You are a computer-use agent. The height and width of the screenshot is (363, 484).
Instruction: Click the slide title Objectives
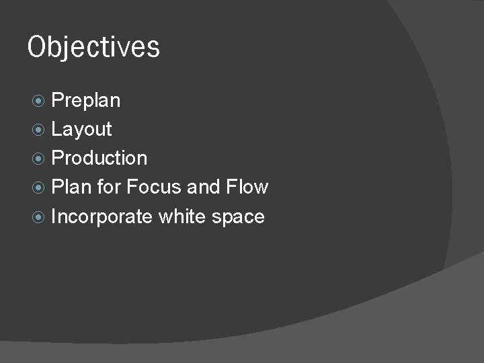(93, 48)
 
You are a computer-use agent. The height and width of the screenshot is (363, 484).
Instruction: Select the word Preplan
(86, 101)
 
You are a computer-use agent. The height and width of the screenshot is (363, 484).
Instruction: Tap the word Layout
(81, 129)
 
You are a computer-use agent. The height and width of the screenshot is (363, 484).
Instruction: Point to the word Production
(99, 158)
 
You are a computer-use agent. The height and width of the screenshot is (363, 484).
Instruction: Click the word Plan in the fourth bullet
(71, 187)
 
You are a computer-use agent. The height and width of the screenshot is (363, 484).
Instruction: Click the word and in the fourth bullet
(204, 187)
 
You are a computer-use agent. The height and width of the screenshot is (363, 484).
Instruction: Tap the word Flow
(247, 187)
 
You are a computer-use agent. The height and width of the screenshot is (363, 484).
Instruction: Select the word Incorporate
(102, 216)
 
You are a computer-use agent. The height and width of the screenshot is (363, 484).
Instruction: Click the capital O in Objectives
(36, 47)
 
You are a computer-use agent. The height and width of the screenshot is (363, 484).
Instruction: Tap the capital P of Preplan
(58, 101)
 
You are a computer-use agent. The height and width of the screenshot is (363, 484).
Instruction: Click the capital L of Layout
(57, 129)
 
